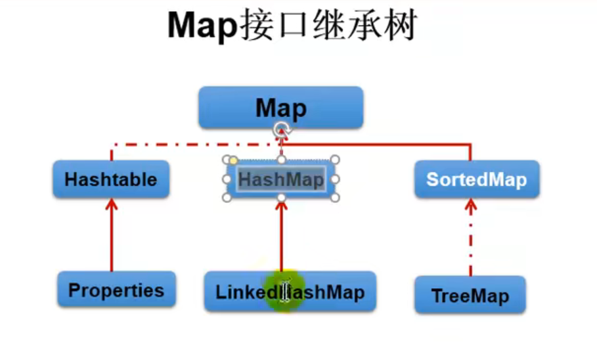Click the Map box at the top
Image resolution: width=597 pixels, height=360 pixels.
[280, 107]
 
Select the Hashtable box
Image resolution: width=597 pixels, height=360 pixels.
[111, 179]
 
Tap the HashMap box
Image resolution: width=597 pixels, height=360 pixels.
[281, 179]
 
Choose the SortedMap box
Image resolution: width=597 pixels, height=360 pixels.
[476, 179]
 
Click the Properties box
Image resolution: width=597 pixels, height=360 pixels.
[116, 290]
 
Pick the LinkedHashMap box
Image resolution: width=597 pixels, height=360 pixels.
[290, 292]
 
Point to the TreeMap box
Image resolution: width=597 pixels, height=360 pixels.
[470, 296]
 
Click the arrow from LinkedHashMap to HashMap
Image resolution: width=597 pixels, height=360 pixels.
[281, 236]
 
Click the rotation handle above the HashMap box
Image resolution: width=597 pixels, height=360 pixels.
[281, 129]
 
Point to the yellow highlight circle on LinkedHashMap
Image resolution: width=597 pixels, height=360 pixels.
[284, 291]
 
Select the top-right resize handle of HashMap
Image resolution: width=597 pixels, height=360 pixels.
[335, 160]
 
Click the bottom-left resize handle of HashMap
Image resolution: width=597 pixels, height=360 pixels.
[227, 197]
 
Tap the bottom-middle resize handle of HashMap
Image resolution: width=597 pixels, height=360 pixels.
[281, 197]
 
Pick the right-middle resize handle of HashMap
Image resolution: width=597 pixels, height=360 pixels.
[335, 179]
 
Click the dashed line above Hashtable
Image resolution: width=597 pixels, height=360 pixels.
[184, 143]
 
